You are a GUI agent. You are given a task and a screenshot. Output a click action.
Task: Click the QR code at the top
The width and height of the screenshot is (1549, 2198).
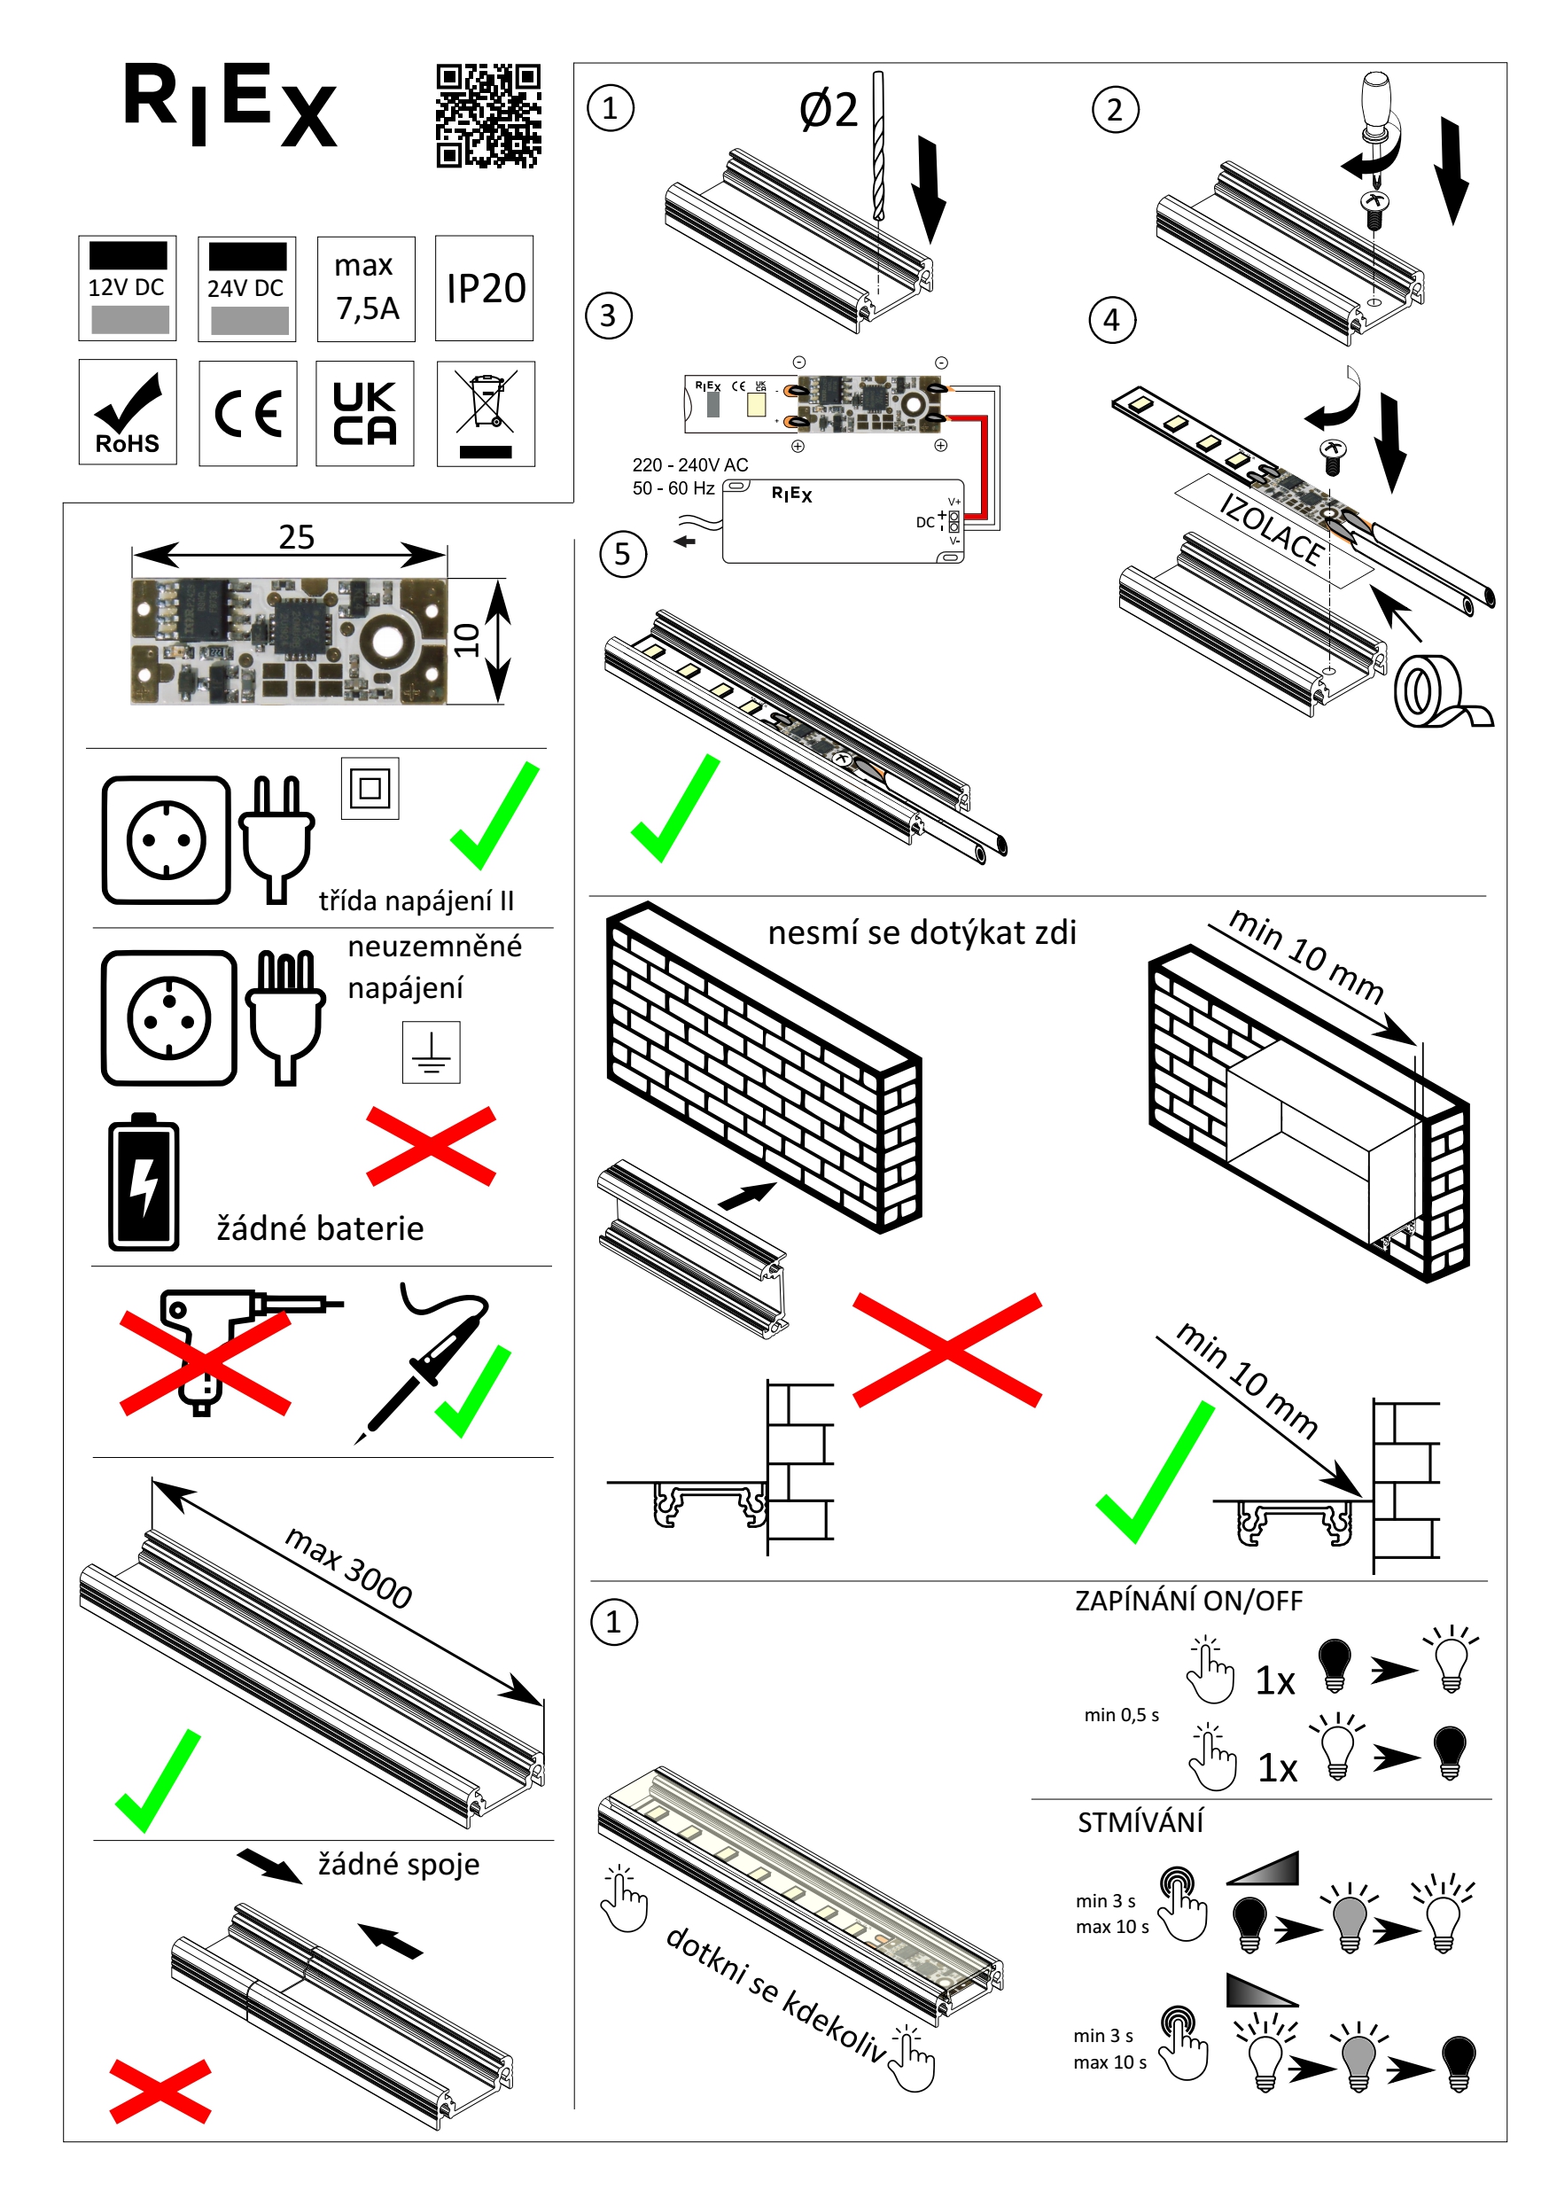[488, 116]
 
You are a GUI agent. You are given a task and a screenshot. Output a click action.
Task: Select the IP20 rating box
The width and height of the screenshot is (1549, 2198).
[485, 288]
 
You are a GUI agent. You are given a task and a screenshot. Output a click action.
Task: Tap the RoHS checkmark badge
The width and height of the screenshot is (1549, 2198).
[128, 413]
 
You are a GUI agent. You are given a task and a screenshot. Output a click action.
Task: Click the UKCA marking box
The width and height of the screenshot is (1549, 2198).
[365, 414]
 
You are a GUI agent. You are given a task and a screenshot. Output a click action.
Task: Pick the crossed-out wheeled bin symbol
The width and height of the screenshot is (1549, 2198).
[486, 414]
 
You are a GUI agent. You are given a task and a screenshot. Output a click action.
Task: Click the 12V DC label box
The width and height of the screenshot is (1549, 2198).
[128, 288]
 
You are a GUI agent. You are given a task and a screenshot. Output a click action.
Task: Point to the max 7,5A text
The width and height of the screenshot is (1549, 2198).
[366, 288]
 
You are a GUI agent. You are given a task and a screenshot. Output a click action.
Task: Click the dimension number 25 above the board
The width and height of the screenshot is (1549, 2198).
[296, 537]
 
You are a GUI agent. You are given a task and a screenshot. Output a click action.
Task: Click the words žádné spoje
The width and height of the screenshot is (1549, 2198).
[398, 1864]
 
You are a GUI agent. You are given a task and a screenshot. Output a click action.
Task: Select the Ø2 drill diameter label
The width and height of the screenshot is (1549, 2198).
[828, 111]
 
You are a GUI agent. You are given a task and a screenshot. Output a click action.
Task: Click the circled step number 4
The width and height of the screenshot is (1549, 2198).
[1111, 320]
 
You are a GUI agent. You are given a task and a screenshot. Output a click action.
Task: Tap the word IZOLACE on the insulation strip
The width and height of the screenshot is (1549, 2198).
[1272, 529]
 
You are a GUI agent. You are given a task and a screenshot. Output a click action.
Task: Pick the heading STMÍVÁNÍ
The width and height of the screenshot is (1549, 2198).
[1140, 1823]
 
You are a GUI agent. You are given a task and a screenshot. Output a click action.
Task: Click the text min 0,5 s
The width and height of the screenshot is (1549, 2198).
[1121, 1715]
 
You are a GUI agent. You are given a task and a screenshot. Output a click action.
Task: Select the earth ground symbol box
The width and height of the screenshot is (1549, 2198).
[431, 1052]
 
